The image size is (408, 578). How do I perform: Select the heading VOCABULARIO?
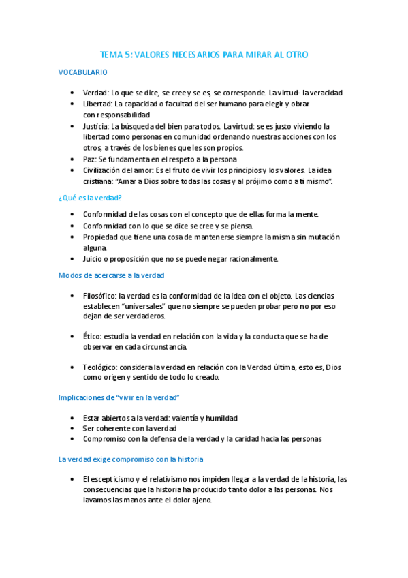click(82, 72)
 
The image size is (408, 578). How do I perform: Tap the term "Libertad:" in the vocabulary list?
click(97, 104)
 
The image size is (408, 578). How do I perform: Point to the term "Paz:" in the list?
click(89, 159)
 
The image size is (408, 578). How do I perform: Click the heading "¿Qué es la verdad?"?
click(90, 197)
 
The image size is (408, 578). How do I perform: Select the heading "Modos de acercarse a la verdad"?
click(111, 275)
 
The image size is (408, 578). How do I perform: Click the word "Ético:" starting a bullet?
click(93, 336)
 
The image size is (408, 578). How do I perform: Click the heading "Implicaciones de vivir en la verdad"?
click(119, 397)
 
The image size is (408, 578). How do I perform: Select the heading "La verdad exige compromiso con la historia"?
click(131, 459)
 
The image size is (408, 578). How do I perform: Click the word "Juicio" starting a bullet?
click(94, 259)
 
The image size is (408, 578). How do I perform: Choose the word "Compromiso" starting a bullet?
click(106, 439)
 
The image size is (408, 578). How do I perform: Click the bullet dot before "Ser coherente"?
click(73, 428)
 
